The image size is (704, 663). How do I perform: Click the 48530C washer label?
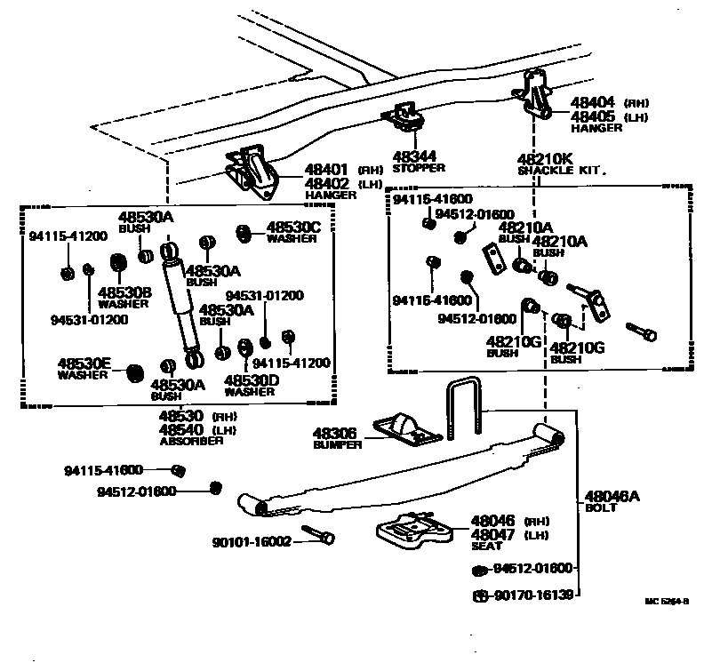coord(292,228)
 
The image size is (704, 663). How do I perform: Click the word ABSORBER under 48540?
coord(191,441)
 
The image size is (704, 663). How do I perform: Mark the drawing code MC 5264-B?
coord(667,601)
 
